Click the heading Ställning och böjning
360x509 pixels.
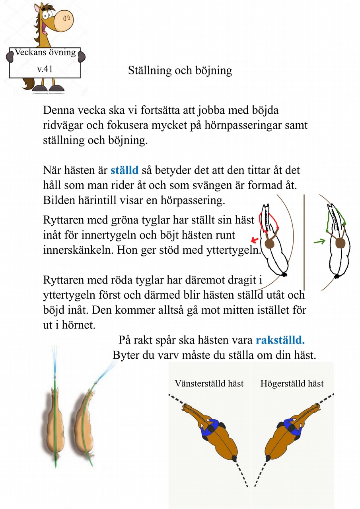180,71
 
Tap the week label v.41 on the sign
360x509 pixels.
45,69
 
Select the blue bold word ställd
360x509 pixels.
125,170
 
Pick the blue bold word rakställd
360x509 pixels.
280,340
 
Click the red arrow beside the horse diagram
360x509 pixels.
254,239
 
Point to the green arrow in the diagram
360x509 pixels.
319,241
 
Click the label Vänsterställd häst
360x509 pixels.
209,384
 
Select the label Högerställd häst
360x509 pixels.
292,384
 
